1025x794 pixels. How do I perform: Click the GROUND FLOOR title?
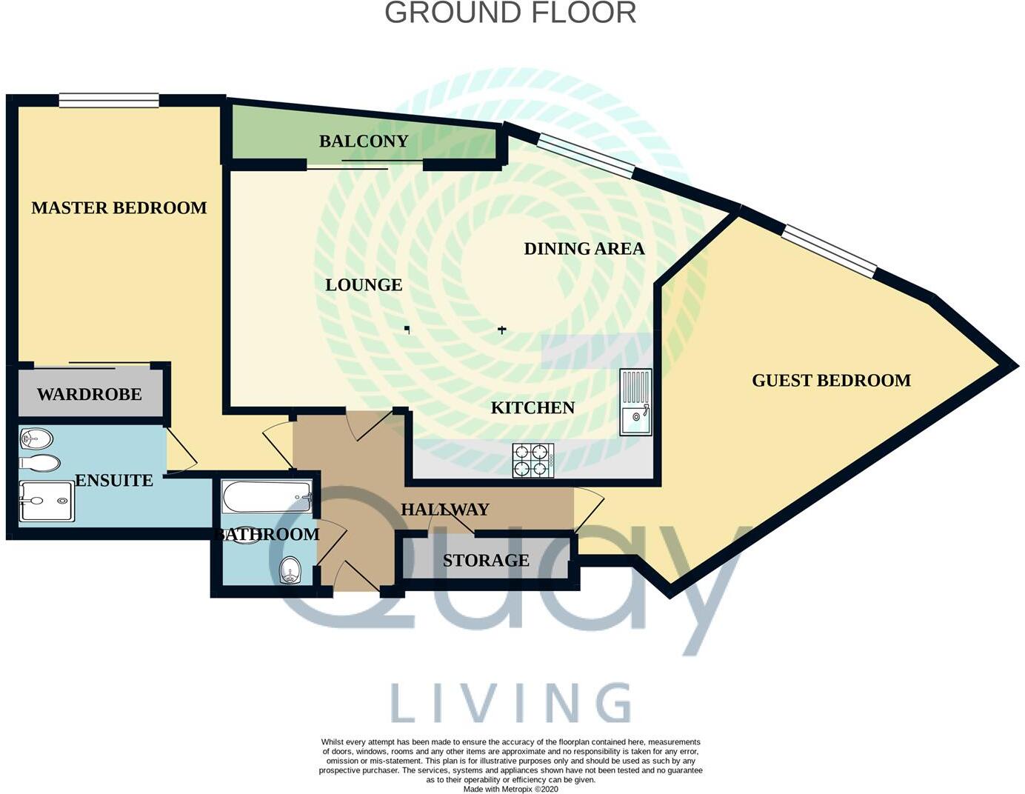510,13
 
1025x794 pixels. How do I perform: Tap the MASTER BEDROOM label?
119,208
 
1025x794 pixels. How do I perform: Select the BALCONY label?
364,141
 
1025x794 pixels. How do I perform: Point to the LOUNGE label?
364,285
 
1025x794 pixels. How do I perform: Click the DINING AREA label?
584,249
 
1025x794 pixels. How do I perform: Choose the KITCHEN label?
532,408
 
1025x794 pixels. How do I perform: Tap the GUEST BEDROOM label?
831,381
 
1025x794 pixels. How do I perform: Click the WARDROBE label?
89,395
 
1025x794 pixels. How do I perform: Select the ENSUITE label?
114,481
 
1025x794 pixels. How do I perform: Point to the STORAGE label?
486,561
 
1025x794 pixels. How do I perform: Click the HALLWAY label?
444,510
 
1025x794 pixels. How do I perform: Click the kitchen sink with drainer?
635,402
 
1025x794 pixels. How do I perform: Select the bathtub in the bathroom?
267,496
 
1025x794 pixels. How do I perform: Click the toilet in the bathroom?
291,570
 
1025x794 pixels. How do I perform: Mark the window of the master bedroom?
109,100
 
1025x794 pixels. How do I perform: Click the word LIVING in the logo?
510,703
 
